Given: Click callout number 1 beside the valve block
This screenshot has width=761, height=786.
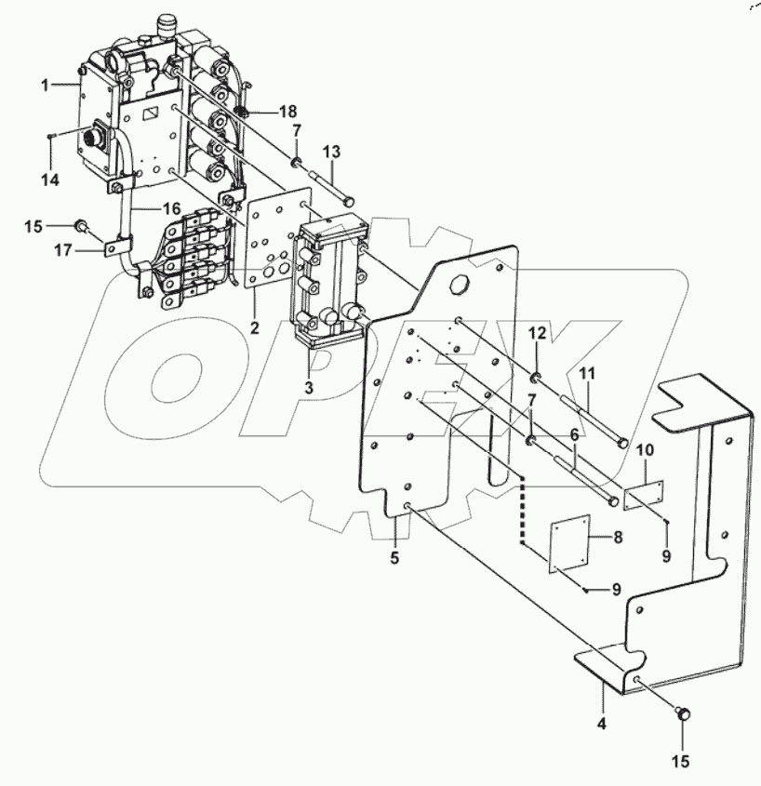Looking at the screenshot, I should click(x=44, y=85).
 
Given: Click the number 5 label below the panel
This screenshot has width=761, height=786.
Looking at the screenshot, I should click(x=394, y=558).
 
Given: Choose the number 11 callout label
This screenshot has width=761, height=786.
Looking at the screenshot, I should click(x=587, y=373).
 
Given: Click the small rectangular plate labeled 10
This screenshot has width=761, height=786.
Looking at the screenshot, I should click(x=643, y=496).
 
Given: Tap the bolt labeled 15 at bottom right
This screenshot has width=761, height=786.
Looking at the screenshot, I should click(x=683, y=714).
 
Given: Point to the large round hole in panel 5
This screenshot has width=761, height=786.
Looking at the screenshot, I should click(x=459, y=284).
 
